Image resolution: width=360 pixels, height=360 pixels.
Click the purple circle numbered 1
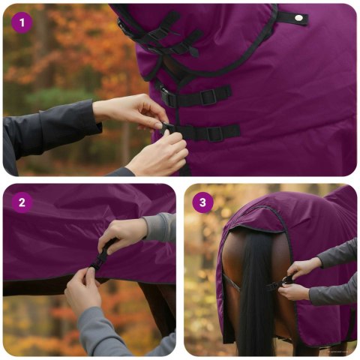(22, 22)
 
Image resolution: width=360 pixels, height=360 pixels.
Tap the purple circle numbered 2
(22, 202)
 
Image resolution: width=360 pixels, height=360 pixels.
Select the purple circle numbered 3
(202, 202)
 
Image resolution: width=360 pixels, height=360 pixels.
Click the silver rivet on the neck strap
(298, 16)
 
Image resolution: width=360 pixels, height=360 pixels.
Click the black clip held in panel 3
(287, 280)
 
